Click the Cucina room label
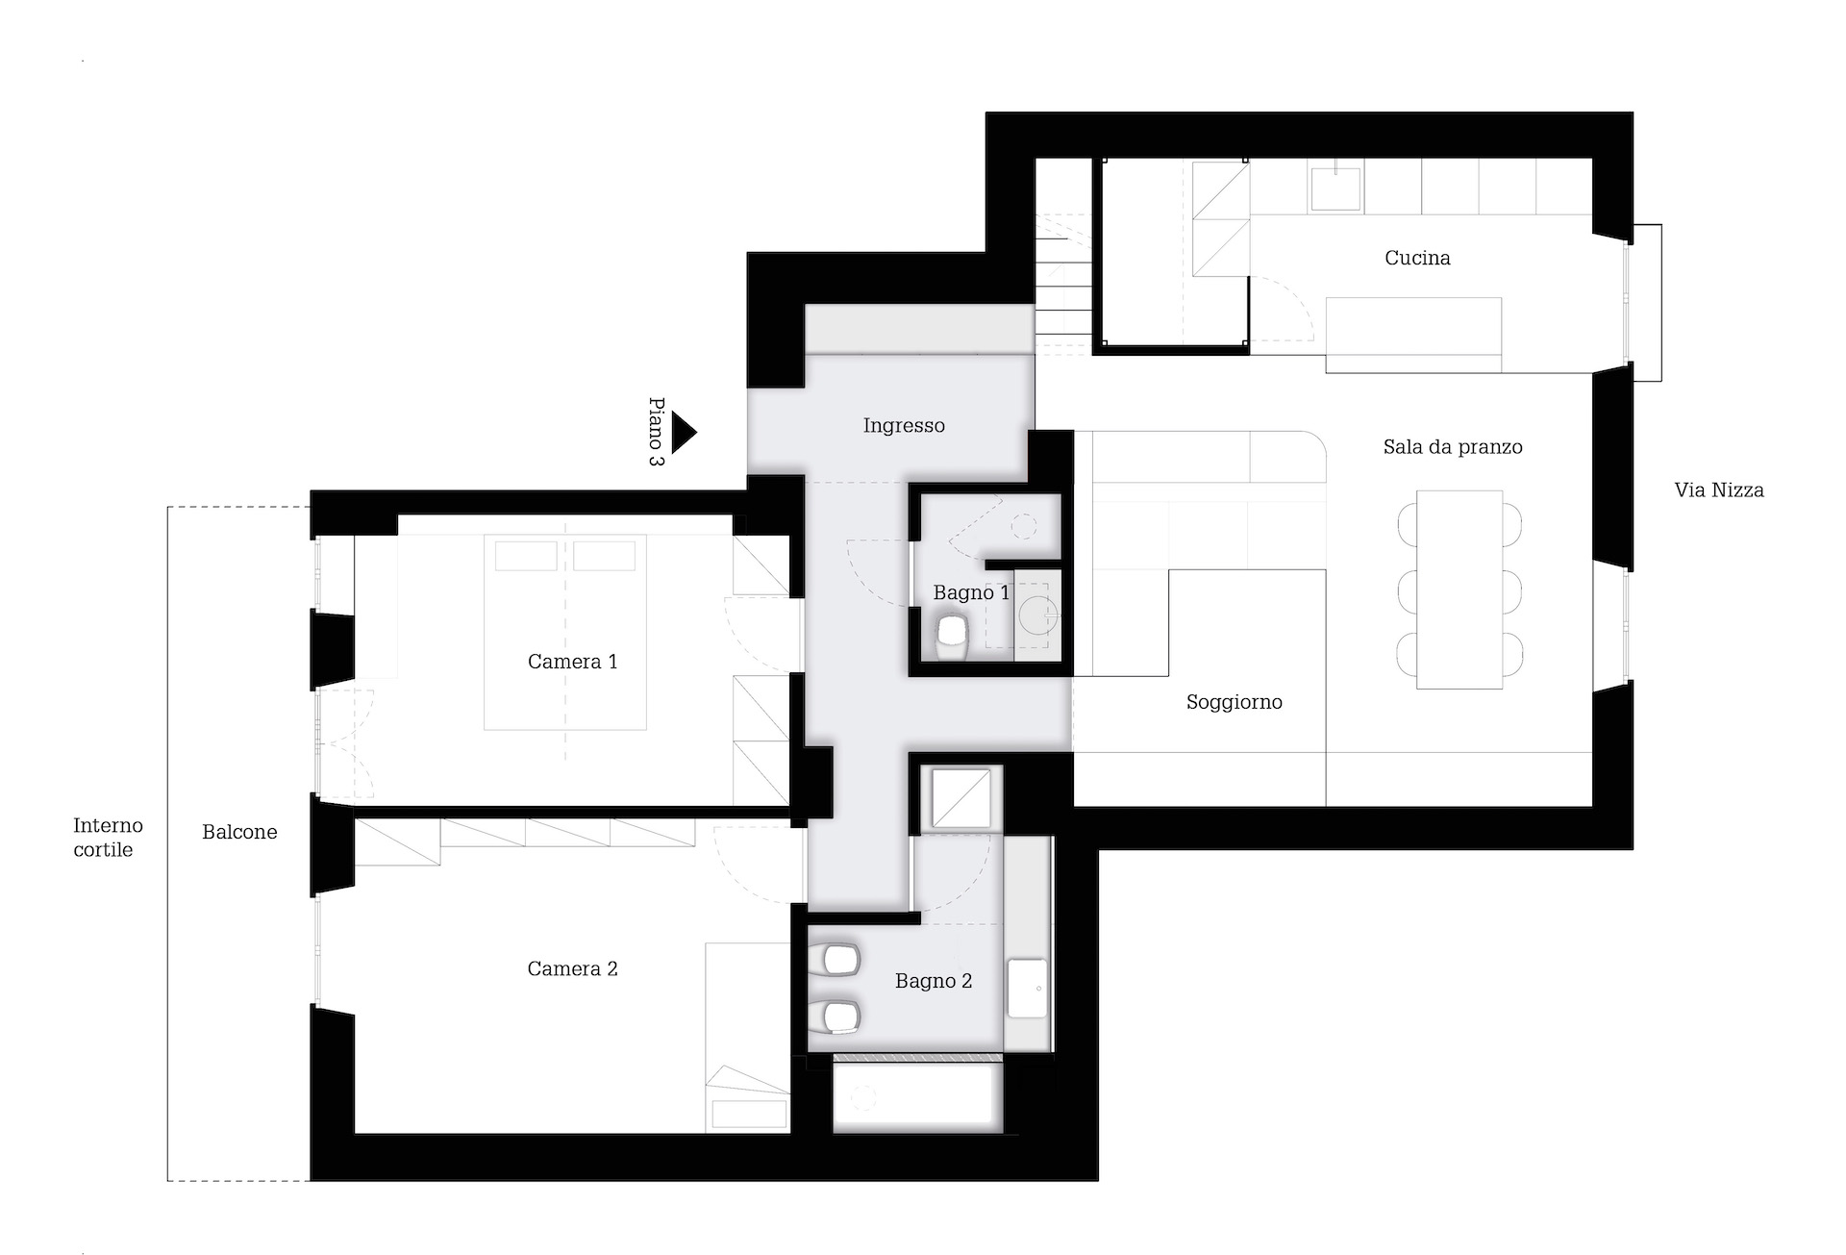1417,258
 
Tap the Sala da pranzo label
1453,447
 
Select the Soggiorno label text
1235,703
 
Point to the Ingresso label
904,426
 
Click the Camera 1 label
572,662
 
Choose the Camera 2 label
572,969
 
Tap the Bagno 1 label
971,593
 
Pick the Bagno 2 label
934,982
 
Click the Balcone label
239,833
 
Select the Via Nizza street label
1719,490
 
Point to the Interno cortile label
108,838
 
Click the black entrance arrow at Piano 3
683,433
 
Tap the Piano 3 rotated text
657,432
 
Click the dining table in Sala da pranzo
1459,590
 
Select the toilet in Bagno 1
952,638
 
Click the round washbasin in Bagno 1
1039,614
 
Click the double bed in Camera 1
565,634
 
